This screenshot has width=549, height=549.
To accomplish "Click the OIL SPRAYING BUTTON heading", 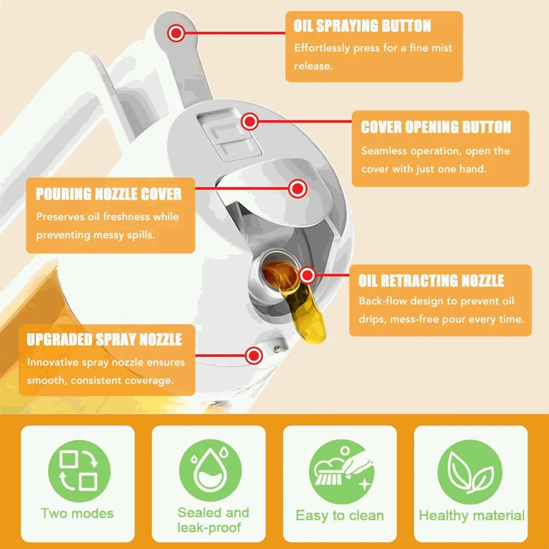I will point(362,26).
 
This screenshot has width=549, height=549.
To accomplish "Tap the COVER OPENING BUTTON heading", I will point(436,127).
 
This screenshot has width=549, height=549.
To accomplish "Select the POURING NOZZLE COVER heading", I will point(109,194).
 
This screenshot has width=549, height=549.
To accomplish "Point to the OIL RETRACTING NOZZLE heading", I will point(431,281).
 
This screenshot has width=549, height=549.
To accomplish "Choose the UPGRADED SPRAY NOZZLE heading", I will point(104,339).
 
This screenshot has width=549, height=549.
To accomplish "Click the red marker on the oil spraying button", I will point(176,33).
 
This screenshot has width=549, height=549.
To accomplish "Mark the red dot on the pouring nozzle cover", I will point(298,189).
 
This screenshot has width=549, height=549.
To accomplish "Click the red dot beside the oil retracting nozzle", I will point(307,275).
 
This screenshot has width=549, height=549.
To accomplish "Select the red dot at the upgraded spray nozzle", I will point(254,355).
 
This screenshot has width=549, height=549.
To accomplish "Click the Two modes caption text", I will point(77,514).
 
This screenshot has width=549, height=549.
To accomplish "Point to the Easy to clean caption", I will point(340,516).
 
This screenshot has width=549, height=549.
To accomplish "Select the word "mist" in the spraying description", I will point(439,48).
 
